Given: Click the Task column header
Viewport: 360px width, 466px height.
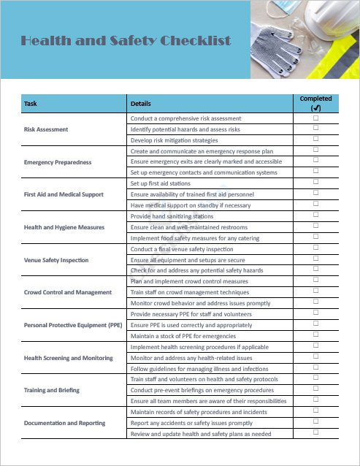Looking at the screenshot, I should click(31, 104).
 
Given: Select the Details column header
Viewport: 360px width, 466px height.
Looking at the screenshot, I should click(140, 104).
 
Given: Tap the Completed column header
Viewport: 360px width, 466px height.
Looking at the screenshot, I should click(315, 103).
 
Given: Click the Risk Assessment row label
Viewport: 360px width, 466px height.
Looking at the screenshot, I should click(46, 129).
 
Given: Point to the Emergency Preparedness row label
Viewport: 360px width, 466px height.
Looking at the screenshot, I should click(58, 162).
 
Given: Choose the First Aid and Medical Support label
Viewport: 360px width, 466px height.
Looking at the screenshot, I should click(64, 194).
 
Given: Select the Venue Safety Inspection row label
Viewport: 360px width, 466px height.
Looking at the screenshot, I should click(56, 260).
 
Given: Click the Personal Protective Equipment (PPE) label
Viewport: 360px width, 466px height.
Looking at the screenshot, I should click(73, 325).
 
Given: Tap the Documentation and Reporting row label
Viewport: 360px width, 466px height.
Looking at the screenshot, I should click(64, 423).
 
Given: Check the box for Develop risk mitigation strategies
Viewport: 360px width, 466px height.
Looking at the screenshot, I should click(315, 140).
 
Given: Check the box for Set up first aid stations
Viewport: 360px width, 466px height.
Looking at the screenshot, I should click(315, 183).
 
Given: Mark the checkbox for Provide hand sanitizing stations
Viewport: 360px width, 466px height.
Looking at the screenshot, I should click(315, 215).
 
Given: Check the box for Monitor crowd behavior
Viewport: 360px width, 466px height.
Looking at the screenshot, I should click(315, 302).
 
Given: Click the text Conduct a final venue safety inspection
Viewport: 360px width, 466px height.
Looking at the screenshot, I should click(182, 249).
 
